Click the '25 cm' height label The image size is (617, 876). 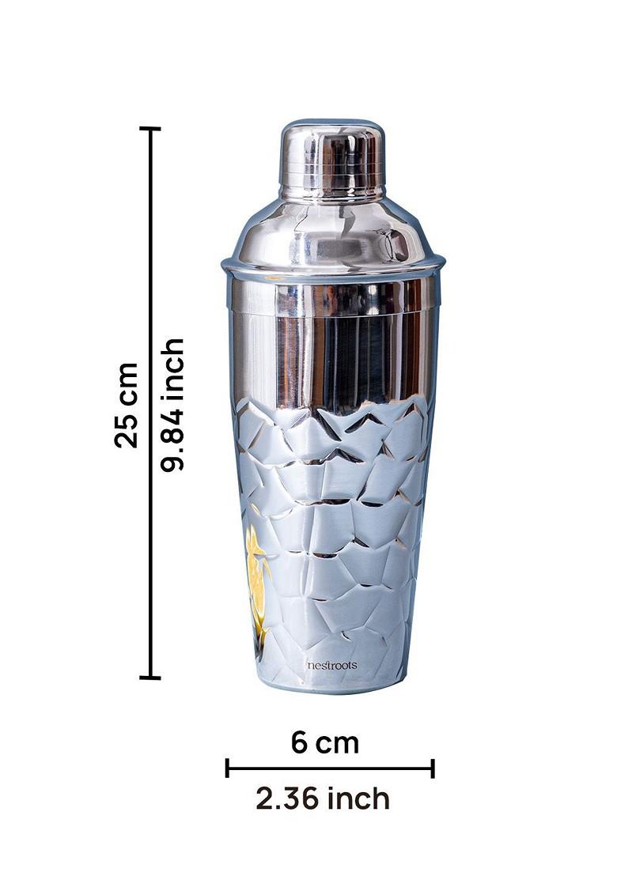pos(127,405)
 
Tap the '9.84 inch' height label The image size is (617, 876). pos(172,405)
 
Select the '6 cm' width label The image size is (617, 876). pos(324,742)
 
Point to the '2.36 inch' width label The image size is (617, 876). pos(323,799)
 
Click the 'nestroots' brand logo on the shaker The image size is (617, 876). pos(331,665)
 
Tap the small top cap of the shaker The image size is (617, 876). pos(332,158)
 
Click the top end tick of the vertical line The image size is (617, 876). pos(150,128)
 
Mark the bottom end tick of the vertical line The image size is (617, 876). pos(150,677)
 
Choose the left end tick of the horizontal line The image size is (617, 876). pos(227,768)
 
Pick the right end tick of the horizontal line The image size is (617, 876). pos(433,768)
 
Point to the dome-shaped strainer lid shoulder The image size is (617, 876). pos(332,233)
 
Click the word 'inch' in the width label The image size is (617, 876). pos(361,799)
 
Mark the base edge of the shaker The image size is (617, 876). pos(332,689)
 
